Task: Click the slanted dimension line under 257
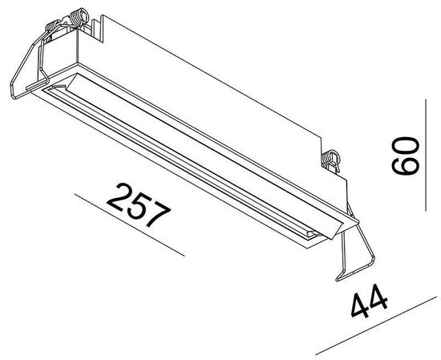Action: (128, 224)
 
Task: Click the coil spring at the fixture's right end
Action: (330, 159)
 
